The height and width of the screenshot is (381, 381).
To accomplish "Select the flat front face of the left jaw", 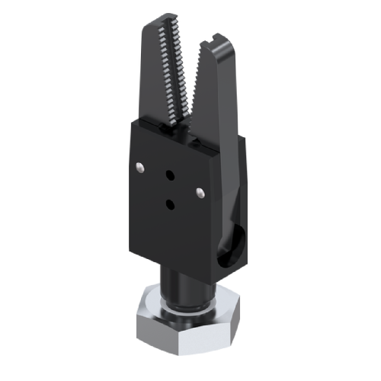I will click(154, 84).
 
